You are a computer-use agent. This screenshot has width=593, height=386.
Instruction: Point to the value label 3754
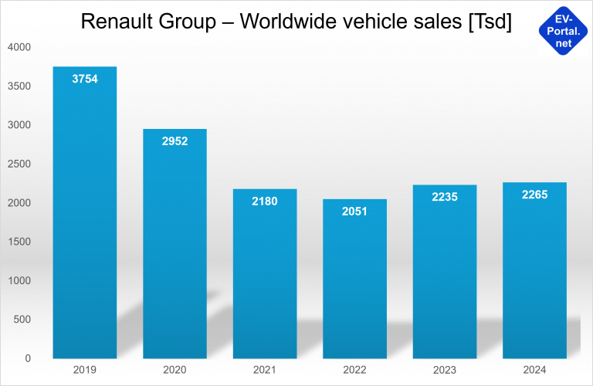84,79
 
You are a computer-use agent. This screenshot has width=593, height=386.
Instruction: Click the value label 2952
175,141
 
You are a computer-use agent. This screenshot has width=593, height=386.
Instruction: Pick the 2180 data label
264,201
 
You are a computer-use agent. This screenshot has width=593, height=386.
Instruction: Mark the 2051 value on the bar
354,212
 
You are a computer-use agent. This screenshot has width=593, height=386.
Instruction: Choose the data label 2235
444,197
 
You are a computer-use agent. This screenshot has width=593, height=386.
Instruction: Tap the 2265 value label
534,195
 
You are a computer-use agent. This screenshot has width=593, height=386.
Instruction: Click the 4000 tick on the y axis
19,47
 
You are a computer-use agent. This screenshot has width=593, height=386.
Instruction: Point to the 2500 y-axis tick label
19,164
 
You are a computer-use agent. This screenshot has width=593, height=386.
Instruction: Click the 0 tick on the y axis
27,358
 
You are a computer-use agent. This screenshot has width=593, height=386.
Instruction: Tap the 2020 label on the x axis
175,371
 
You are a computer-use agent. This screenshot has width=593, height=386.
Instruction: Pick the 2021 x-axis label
264,371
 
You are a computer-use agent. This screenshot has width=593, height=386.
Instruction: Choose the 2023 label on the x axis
444,371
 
